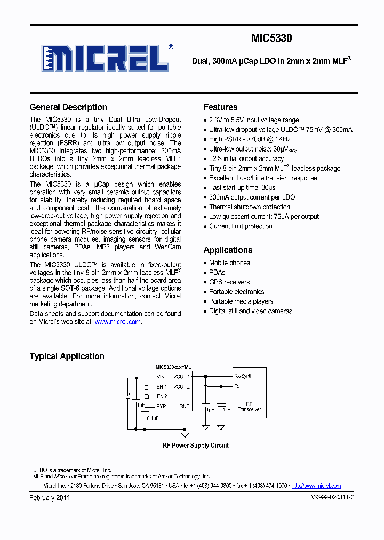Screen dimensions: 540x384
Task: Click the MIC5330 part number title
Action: [271, 38]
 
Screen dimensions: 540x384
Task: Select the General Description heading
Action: [68, 107]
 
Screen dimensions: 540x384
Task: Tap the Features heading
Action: [220, 107]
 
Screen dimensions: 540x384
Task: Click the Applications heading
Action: [228, 250]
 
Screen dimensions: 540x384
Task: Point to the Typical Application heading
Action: [67, 356]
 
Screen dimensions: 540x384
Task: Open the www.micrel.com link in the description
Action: [117, 322]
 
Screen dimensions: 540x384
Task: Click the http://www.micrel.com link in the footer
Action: [316, 486]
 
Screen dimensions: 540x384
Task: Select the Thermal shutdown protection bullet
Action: [249, 207]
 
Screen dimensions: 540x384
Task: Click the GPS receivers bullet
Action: [229, 282]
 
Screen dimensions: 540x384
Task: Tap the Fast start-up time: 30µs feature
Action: [242, 187]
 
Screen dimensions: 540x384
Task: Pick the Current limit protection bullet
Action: [241, 226]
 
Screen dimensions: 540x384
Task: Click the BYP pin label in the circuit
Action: [162, 406]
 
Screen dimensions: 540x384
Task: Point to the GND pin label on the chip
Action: [184, 406]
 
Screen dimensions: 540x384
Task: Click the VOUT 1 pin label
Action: [182, 376]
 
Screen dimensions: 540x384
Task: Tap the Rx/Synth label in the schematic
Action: [243, 376]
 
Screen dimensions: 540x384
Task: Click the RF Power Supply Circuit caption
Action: [195, 445]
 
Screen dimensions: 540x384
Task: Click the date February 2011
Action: [50, 497]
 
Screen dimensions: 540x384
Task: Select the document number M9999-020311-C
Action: [332, 497]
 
